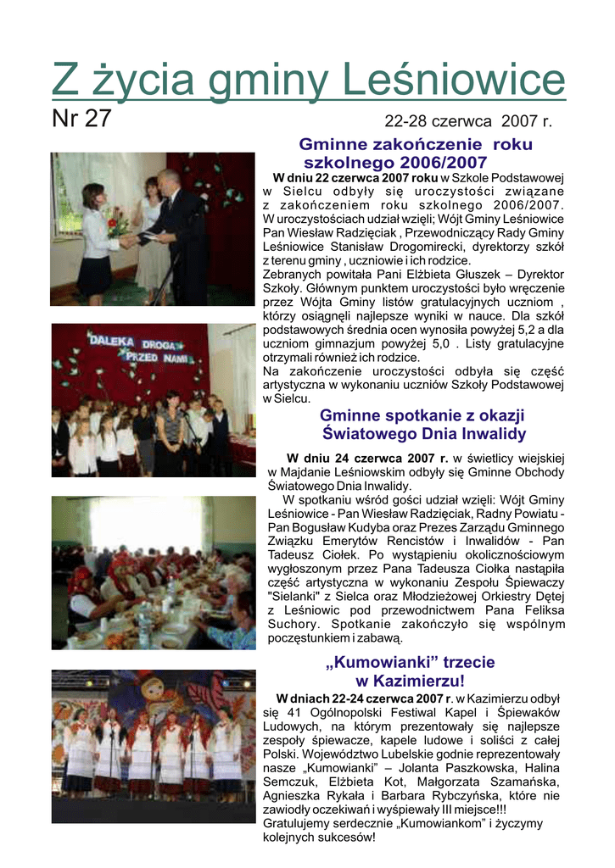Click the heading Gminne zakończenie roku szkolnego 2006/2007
[415, 153]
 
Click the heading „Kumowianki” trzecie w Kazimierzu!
[410, 671]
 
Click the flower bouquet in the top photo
[119, 225]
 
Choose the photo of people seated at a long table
[153, 573]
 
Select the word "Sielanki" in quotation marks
[293, 597]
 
